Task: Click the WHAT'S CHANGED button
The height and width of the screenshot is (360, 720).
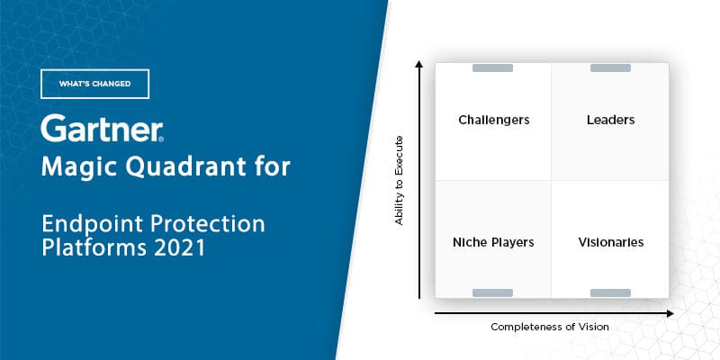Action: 95,84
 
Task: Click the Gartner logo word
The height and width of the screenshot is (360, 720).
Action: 102,128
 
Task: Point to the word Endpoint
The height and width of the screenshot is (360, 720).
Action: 93,224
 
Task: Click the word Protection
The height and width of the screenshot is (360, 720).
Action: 208,223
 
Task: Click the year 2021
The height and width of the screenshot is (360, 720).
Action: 179,248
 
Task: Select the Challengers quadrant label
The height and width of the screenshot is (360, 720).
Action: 494,121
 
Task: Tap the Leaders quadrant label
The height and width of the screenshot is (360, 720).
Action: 611,120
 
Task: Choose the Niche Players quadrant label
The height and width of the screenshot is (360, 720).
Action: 493,242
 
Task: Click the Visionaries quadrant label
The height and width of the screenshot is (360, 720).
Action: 611,242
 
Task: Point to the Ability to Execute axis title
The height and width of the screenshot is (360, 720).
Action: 399,181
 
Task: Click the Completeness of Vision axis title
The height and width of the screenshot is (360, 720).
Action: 550,327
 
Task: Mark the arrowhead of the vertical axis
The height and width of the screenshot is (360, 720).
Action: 418,63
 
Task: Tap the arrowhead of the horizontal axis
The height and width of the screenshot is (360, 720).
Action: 670,313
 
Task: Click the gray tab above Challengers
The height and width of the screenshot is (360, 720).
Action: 492,68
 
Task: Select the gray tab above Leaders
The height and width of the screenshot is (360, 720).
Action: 610,68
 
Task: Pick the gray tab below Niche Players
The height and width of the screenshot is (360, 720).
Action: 492,293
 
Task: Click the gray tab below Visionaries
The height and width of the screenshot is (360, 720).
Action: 610,293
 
